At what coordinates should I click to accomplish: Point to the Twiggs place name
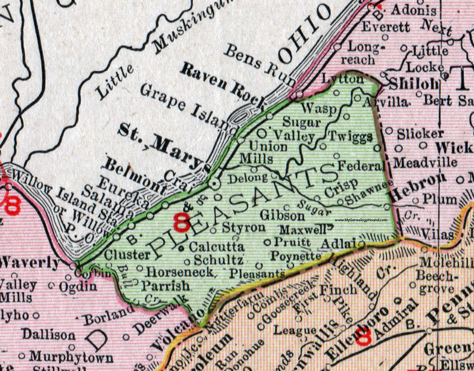350,136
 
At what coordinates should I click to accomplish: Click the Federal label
360,165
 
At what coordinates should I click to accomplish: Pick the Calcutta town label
216,247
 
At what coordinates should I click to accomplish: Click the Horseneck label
179,273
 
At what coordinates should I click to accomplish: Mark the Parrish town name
165,284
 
